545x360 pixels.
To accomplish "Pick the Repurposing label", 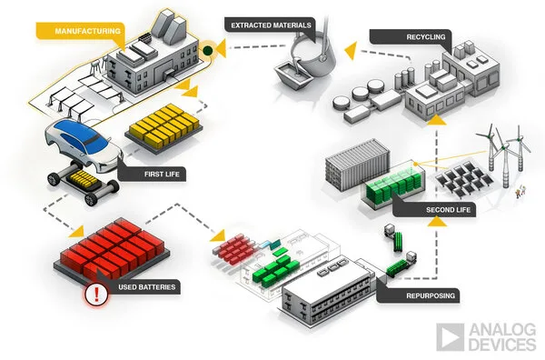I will pos(426,295).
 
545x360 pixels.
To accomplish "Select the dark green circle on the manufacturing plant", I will pos(208,52).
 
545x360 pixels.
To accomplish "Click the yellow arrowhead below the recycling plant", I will pos(438,117).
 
